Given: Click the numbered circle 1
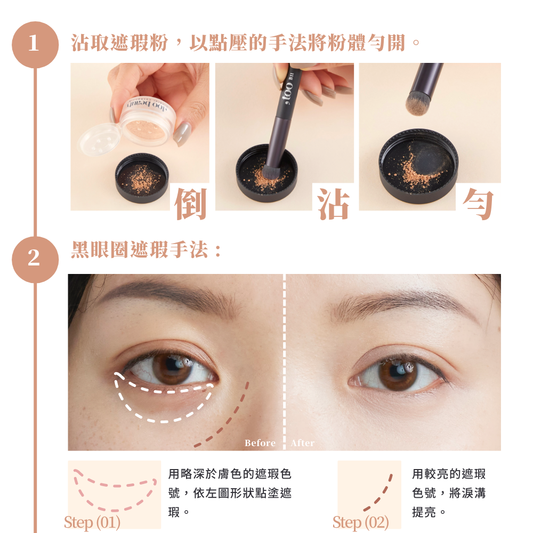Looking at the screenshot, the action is point(35,45).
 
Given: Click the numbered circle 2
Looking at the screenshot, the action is point(35,260).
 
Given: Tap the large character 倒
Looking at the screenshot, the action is point(190,204).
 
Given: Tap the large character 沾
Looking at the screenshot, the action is point(333,204).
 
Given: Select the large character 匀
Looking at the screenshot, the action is point(478,204).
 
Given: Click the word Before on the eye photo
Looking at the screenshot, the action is point(260,443).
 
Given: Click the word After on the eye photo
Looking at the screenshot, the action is point(303,443).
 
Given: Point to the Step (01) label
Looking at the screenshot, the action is point(92,522).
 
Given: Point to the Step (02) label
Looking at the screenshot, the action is point(361,522).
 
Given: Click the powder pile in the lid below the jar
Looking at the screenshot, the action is point(141,179).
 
